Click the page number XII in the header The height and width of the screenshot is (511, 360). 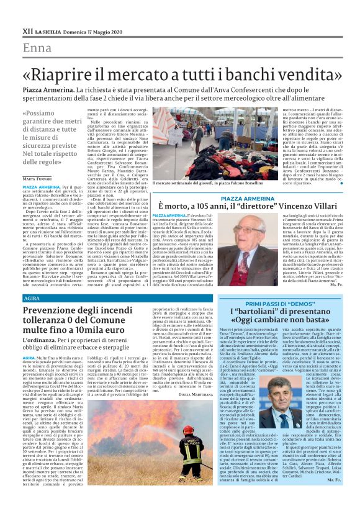point(27,30)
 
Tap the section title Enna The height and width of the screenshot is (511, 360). point(37,48)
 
